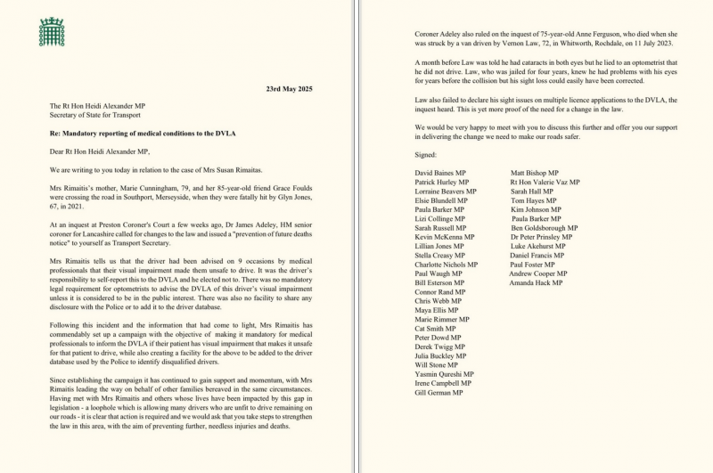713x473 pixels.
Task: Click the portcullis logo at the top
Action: pyautogui.click(x=53, y=32)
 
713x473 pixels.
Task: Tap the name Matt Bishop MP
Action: pyautogui.click(x=535, y=172)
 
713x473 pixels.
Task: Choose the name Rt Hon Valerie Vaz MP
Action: pyautogui.click(x=549, y=182)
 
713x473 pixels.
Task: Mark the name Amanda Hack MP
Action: pyautogui.click(x=537, y=283)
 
